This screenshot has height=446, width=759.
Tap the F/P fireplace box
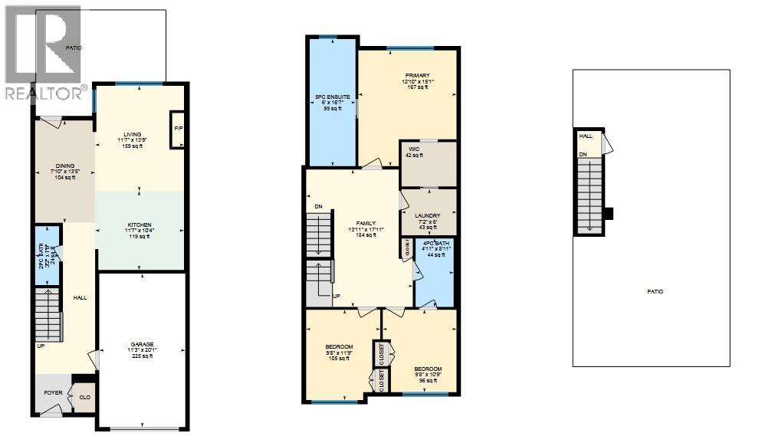point(178,129)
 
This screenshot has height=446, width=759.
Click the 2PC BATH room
point(48,254)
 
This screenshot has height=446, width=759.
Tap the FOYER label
point(52,393)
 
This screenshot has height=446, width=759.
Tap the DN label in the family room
point(317,208)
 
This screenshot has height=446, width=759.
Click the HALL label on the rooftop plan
point(586,136)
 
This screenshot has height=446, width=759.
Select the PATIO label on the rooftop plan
point(653,292)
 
